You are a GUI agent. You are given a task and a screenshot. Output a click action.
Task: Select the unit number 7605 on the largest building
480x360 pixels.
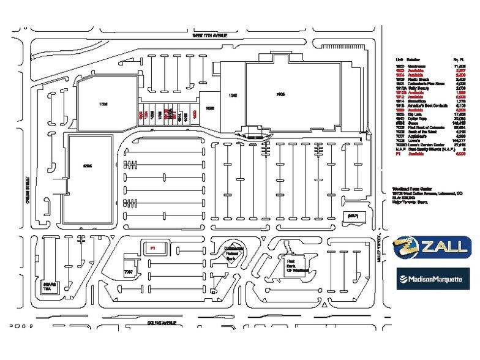pos(280,94)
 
